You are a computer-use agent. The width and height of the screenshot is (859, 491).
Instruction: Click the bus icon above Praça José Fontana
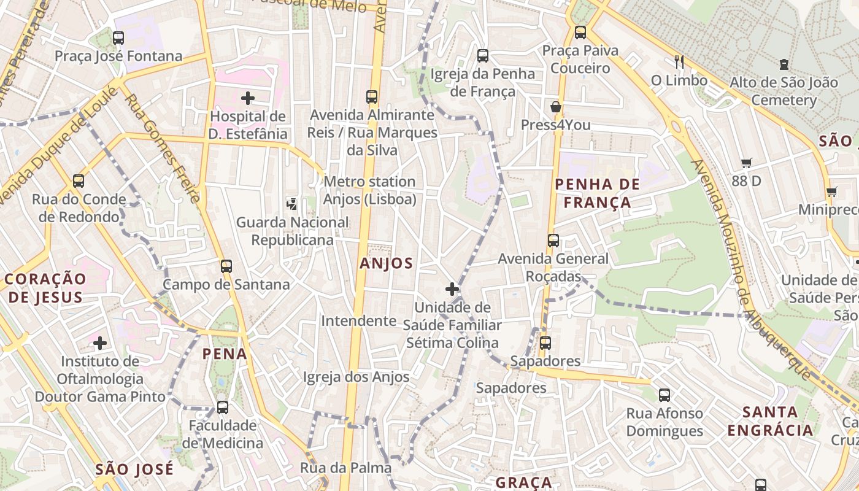coord(118,38)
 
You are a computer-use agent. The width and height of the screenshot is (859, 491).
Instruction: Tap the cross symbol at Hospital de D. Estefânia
coord(248,98)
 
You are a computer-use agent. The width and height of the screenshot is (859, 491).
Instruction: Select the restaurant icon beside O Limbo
coord(679,62)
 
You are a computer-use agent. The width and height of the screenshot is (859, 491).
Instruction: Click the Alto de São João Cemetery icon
coord(784,64)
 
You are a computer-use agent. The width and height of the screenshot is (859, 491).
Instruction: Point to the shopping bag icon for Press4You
coord(556,107)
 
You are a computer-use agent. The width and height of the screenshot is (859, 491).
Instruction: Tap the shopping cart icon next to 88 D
coord(746,163)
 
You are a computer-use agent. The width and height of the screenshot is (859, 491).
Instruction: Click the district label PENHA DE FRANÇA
coord(597,193)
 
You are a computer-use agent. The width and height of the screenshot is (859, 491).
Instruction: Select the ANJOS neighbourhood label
coord(387,263)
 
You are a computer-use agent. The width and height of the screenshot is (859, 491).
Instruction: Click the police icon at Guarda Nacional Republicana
coord(293,204)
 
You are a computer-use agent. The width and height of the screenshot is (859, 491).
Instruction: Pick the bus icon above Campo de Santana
coord(226,266)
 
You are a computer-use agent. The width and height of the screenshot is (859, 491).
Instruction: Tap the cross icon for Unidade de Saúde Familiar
coord(452,289)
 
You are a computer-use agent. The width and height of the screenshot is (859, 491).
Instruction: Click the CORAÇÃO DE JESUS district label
coord(45,288)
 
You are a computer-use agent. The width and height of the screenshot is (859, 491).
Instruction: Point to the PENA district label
coord(225,354)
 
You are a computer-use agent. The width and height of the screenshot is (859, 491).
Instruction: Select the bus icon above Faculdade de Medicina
coord(223,408)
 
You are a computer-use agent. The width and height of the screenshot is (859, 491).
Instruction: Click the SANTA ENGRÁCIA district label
coord(770,421)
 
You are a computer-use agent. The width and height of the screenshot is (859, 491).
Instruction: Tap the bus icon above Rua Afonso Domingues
coord(664,395)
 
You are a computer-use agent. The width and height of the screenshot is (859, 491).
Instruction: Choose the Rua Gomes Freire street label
coord(164,147)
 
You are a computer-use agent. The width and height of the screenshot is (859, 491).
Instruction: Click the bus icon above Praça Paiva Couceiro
coord(580,33)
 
